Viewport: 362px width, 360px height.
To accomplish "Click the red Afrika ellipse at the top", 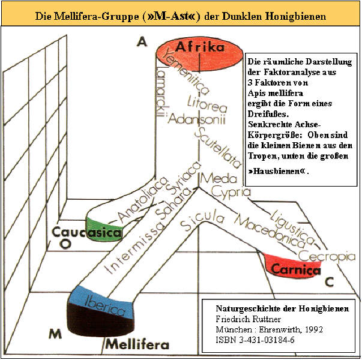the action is pos(199,55).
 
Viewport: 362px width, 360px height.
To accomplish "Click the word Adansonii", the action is pos(196,119).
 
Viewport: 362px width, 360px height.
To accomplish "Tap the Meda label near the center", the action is pos(219,178).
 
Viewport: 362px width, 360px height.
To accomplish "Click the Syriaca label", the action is pos(183,177).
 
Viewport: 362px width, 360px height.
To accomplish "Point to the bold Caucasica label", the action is pos(86,232).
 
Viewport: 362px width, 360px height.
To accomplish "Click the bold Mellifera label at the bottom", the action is pos(137,344).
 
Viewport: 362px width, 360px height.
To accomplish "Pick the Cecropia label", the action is pos(327,257).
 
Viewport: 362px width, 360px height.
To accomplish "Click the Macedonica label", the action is pos(269,232).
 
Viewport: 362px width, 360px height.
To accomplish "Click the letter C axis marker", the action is pos(330,281).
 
